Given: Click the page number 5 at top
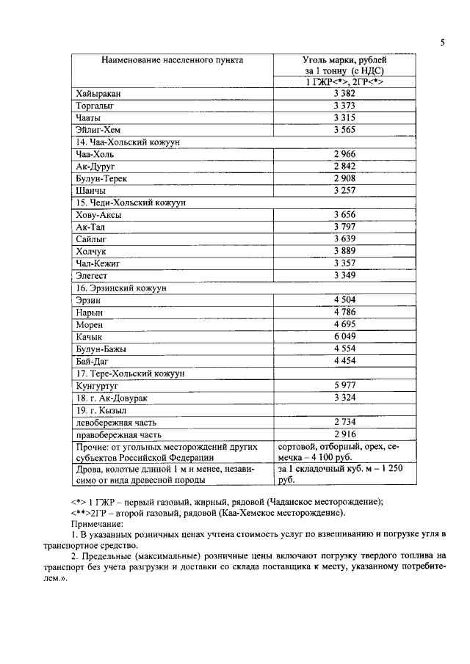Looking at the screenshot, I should click(x=443, y=42).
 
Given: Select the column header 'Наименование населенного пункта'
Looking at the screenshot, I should click(x=173, y=59).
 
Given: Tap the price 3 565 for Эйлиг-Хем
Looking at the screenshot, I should click(x=344, y=130).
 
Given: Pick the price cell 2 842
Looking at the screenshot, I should click(x=344, y=167).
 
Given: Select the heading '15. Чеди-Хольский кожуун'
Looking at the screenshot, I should click(x=126, y=203).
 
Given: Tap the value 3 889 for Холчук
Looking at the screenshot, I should click(x=344, y=251).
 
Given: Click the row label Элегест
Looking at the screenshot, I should click(x=93, y=275).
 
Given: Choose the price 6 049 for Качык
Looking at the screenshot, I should click(x=344, y=336).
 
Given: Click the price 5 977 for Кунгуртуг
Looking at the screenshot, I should click(x=344, y=384).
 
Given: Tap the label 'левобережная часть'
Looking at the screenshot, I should click(x=116, y=422).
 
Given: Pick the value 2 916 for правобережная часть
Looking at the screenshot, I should click(x=344, y=434).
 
